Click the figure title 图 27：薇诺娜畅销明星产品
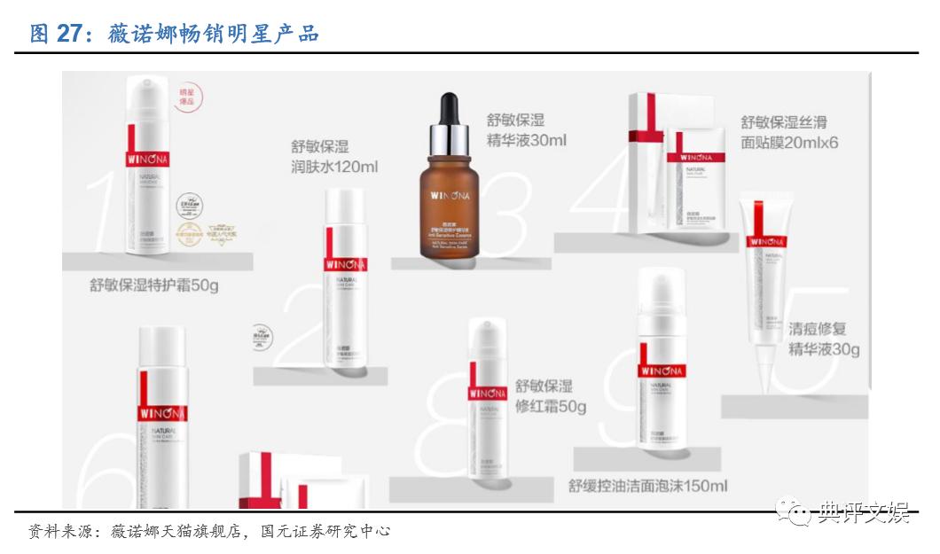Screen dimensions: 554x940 tap(174, 34)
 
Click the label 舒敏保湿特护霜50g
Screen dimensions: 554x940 tap(154, 285)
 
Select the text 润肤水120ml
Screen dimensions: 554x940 tap(334, 167)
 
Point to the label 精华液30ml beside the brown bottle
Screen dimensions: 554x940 tap(526, 140)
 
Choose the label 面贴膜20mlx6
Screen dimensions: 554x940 tap(789, 142)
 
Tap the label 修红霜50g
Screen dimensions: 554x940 tap(551, 407)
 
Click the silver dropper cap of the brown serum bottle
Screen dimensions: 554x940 tap(450, 135)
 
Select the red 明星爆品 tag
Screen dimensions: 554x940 tap(186, 97)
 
